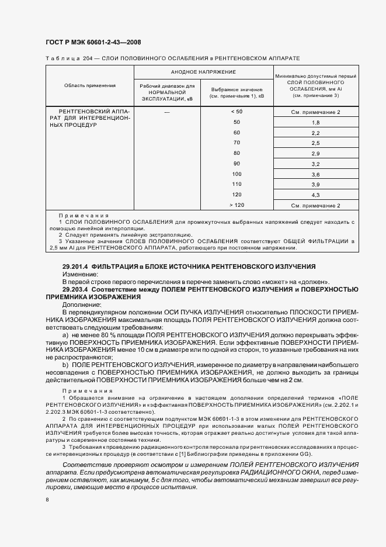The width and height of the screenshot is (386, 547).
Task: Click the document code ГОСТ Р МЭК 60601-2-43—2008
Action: pyautogui.click(x=93, y=42)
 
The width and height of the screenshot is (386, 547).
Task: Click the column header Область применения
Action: pyautogui.click(x=90, y=85)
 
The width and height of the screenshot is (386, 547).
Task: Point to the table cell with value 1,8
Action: pyautogui.click(x=316, y=122)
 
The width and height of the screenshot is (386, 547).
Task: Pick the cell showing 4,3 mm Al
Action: pyautogui.click(x=316, y=195)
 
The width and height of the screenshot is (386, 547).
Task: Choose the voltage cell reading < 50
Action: pyautogui.click(x=237, y=111)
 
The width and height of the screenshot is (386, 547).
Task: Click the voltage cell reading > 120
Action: pyautogui.click(x=237, y=205)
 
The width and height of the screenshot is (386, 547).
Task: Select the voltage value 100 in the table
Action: pyautogui.click(x=237, y=174)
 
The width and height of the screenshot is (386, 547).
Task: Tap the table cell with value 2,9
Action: pyautogui.click(x=316, y=153)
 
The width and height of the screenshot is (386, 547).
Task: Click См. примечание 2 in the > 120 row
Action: pyautogui.click(x=316, y=205)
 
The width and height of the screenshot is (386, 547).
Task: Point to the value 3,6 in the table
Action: pyautogui.click(x=316, y=174)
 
